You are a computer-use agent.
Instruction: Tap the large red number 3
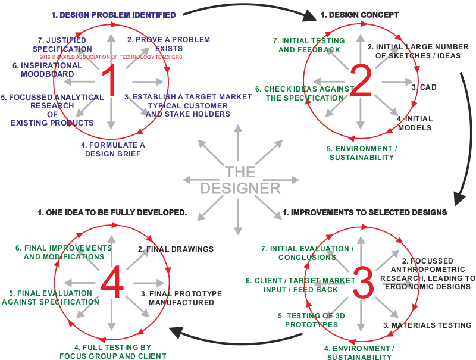pos(362,283)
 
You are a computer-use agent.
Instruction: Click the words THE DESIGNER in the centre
pos(240,180)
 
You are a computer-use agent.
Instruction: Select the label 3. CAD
pos(424,87)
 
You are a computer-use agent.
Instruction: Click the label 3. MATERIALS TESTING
pos(427,325)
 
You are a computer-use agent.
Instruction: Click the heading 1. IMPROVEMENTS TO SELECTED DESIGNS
pos(364,212)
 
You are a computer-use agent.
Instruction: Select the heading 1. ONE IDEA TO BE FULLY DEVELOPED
pos(112,212)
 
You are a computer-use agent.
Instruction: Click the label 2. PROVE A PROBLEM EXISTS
pos(168,43)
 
